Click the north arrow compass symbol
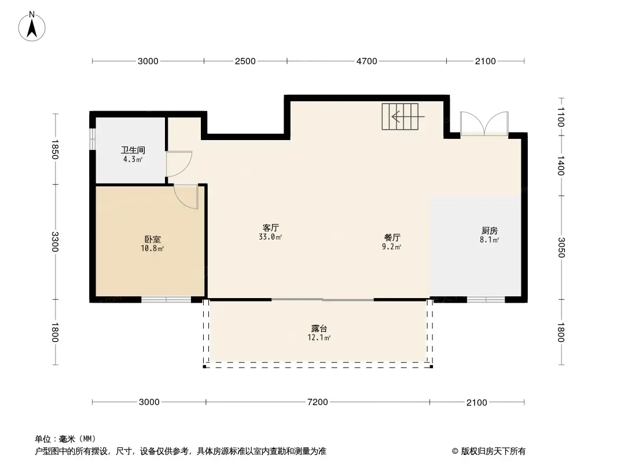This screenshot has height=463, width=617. click(32, 26)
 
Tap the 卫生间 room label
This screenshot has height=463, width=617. click(133, 150)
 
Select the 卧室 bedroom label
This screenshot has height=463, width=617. click(152, 239)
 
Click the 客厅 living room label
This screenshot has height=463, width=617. click(271, 228)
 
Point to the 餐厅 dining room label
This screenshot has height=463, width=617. click(392, 238)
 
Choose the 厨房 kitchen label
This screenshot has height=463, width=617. click(490, 230)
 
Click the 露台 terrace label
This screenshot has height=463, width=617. click(319, 329)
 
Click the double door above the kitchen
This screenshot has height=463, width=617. click(484, 123)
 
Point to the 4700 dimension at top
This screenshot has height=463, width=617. click(367, 61)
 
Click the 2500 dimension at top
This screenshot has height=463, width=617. click(245, 61)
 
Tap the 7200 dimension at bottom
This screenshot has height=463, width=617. click(318, 402)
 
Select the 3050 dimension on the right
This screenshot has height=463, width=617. click(561, 248)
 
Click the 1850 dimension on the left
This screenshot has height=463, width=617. click(54, 149)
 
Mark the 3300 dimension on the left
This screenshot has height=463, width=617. click(54, 241)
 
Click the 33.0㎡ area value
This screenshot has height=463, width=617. click(271, 237)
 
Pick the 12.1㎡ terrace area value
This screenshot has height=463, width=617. click(319, 337)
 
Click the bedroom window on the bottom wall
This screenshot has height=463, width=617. click(166, 299)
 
